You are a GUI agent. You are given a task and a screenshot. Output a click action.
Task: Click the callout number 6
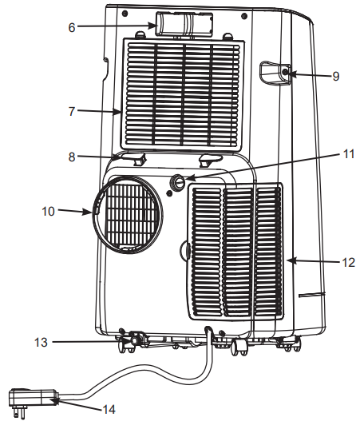(x=71, y=26)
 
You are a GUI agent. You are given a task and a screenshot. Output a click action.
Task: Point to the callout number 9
(x=336, y=76)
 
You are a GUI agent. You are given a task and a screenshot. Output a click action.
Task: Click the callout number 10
(x=48, y=212)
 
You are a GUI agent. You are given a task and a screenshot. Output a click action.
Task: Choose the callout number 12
(x=346, y=260)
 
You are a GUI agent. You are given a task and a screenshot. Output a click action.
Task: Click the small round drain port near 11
(x=177, y=182)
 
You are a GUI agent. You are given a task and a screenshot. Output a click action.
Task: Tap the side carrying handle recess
(x=274, y=73)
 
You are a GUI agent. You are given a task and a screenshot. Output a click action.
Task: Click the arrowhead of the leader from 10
(x=95, y=212)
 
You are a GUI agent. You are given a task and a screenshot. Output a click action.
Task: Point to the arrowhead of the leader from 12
(x=289, y=260)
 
